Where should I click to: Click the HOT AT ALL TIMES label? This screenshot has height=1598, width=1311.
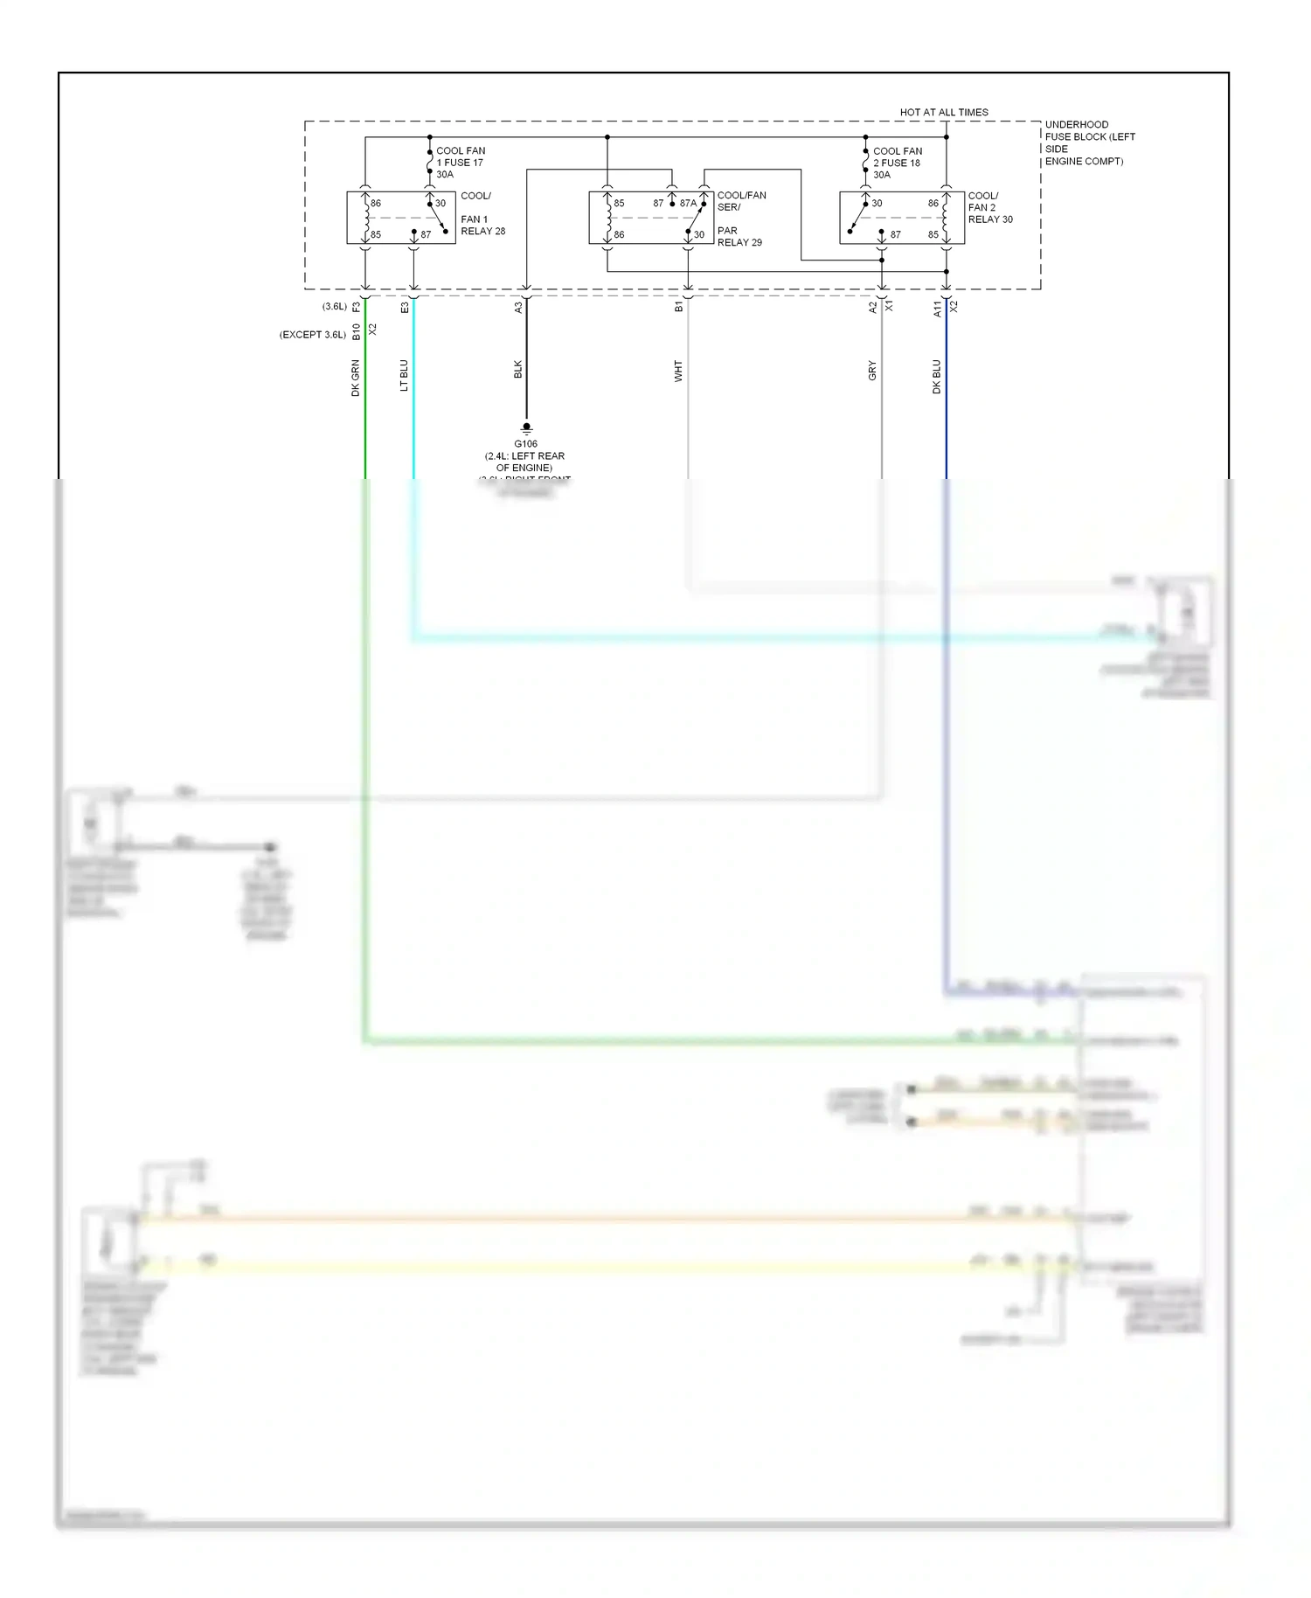click(944, 113)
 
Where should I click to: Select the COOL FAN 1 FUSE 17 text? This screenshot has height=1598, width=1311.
click(460, 163)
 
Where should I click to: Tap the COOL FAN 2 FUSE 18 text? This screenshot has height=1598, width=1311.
click(897, 163)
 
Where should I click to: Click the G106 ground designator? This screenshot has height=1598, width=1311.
click(525, 444)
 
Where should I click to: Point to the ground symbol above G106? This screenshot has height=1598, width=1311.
click(526, 428)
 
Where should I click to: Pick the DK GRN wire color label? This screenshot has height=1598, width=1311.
click(356, 378)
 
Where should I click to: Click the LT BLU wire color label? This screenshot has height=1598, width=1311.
click(404, 375)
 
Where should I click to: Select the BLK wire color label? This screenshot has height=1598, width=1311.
click(517, 369)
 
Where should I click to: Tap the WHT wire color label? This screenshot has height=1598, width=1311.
click(678, 371)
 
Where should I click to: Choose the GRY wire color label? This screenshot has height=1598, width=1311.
click(871, 371)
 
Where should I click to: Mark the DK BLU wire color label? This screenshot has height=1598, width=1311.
click(936, 377)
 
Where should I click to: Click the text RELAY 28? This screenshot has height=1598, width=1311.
click(482, 232)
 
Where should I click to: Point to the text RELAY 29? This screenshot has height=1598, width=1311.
click(739, 243)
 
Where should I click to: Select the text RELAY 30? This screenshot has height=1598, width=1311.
click(990, 219)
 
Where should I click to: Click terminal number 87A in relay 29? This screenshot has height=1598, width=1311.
click(688, 204)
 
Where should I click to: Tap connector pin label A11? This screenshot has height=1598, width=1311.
click(937, 308)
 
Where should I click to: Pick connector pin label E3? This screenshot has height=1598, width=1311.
click(405, 308)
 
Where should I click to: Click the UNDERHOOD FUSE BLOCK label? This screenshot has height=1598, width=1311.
click(1089, 142)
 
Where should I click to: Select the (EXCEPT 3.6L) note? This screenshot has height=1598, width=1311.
click(313, 335)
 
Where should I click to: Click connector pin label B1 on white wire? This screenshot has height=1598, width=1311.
click(679, 307)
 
